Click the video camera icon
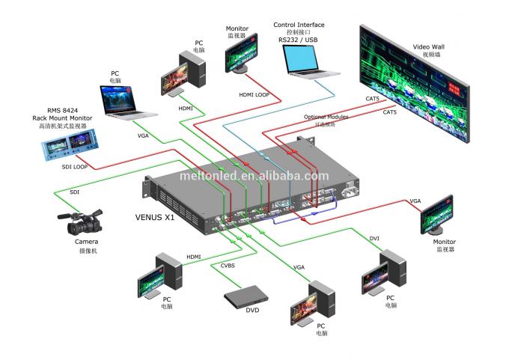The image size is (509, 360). (x=80, y=222)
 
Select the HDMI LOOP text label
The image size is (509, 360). (x=254, y=94)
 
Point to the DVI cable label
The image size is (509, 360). (x=374, y=238)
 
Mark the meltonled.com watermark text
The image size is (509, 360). (x=254, y=176)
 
